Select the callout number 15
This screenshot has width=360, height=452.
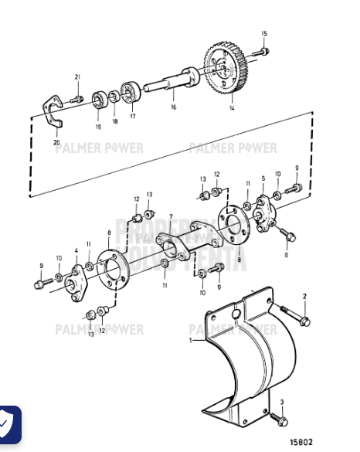coord(263,34)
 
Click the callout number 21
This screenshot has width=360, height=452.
coord(77,76)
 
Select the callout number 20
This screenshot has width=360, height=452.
coord(56,143)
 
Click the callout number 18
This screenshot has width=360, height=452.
coord(115,121)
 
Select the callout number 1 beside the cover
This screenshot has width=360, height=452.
coord(192,340)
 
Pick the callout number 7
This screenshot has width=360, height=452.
coord(170,217)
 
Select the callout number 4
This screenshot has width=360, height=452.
coord(76,250)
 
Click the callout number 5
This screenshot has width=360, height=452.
coord(263,179)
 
